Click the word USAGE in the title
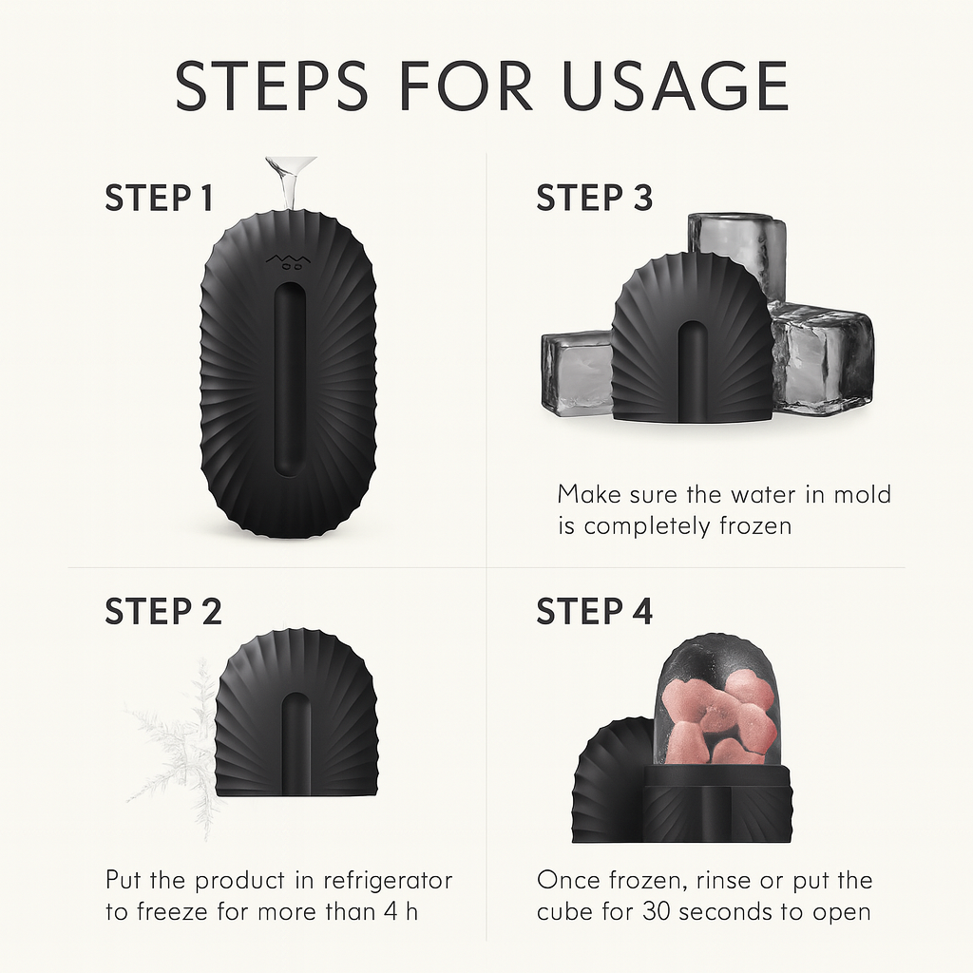676,86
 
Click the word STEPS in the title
272,86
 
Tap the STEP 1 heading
160,198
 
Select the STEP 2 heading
163,611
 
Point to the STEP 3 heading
595,198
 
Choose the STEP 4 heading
595,611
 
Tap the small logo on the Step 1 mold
289,261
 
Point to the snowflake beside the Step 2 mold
175,745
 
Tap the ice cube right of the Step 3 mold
819,360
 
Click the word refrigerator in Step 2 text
389,881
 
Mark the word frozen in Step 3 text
755,526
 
